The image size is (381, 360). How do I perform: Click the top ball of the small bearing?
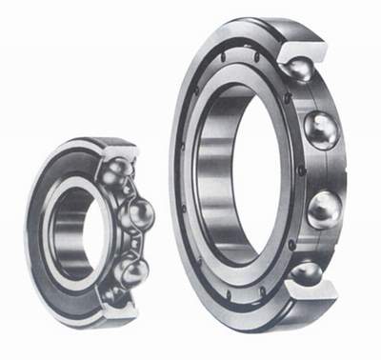(118, 171)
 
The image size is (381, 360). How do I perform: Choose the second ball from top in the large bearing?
(321, 129)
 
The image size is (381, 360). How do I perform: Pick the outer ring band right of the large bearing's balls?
(356, 171)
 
